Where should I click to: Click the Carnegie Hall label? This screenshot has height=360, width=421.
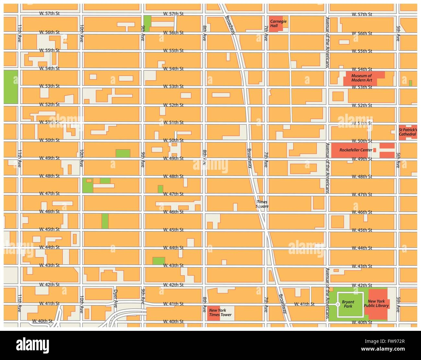click(278, 24)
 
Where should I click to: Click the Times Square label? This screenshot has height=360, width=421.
click(262, 204)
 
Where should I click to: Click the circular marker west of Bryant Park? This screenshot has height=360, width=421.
click(337, 304)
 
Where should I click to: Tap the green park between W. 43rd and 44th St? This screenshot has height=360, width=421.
click(159, 261)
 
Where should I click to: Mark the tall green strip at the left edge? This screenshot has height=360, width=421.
click(11, 87)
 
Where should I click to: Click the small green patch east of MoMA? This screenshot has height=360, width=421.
click(410, 83)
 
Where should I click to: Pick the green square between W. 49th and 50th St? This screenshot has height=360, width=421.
click(123, 153)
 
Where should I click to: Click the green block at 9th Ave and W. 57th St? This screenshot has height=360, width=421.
click(147, 24)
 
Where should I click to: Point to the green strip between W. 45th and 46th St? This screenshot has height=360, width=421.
click(105, 221)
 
